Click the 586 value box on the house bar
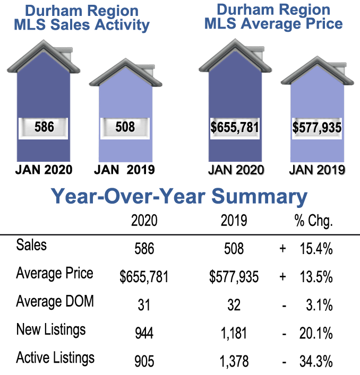44,127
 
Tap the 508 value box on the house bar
125,127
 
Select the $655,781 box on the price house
235,128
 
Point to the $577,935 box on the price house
317,128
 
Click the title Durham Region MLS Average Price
273,16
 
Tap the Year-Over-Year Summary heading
179,197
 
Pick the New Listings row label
51,330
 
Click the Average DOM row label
55,302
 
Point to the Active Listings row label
56,357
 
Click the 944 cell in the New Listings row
144,334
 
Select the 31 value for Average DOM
144,305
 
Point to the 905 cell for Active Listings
144,362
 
